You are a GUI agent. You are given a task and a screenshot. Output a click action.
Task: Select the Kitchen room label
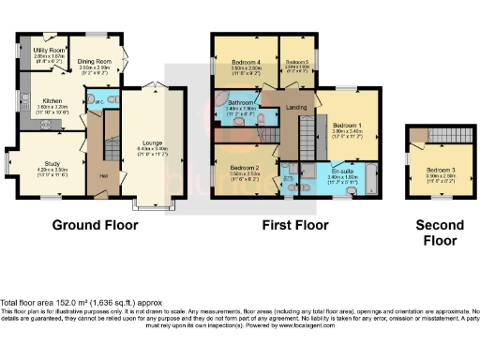point(51,99)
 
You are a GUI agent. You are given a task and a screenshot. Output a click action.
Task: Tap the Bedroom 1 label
point(346,124)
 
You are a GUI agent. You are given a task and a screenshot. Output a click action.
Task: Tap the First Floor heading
point(296,225)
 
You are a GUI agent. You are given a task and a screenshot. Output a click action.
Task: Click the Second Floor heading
point(440,232)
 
